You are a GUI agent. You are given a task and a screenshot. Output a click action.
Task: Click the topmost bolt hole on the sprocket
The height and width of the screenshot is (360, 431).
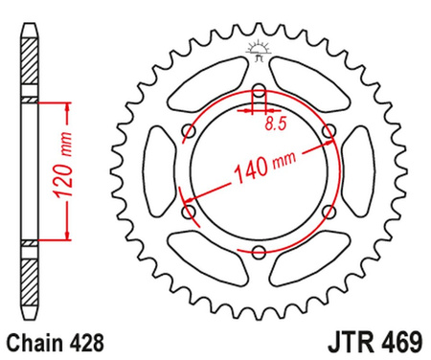pyautogui.click(x=259, y=93)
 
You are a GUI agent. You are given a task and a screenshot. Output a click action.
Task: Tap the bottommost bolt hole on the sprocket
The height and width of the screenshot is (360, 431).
pyautogui.click(x=259, y=252)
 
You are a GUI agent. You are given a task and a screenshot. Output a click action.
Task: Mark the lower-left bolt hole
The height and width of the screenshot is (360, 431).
pyautogui.click(x=189, y=212)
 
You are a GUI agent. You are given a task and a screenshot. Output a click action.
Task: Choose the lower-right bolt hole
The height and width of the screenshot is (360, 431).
pyautogui.click(x=329, y=212)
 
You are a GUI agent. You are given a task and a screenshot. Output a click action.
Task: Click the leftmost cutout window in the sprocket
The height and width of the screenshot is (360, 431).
pyautogui.click(x=158, y=172)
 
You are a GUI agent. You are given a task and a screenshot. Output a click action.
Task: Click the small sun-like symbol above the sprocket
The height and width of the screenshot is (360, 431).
pyautogui.click(x=258, y=48)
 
